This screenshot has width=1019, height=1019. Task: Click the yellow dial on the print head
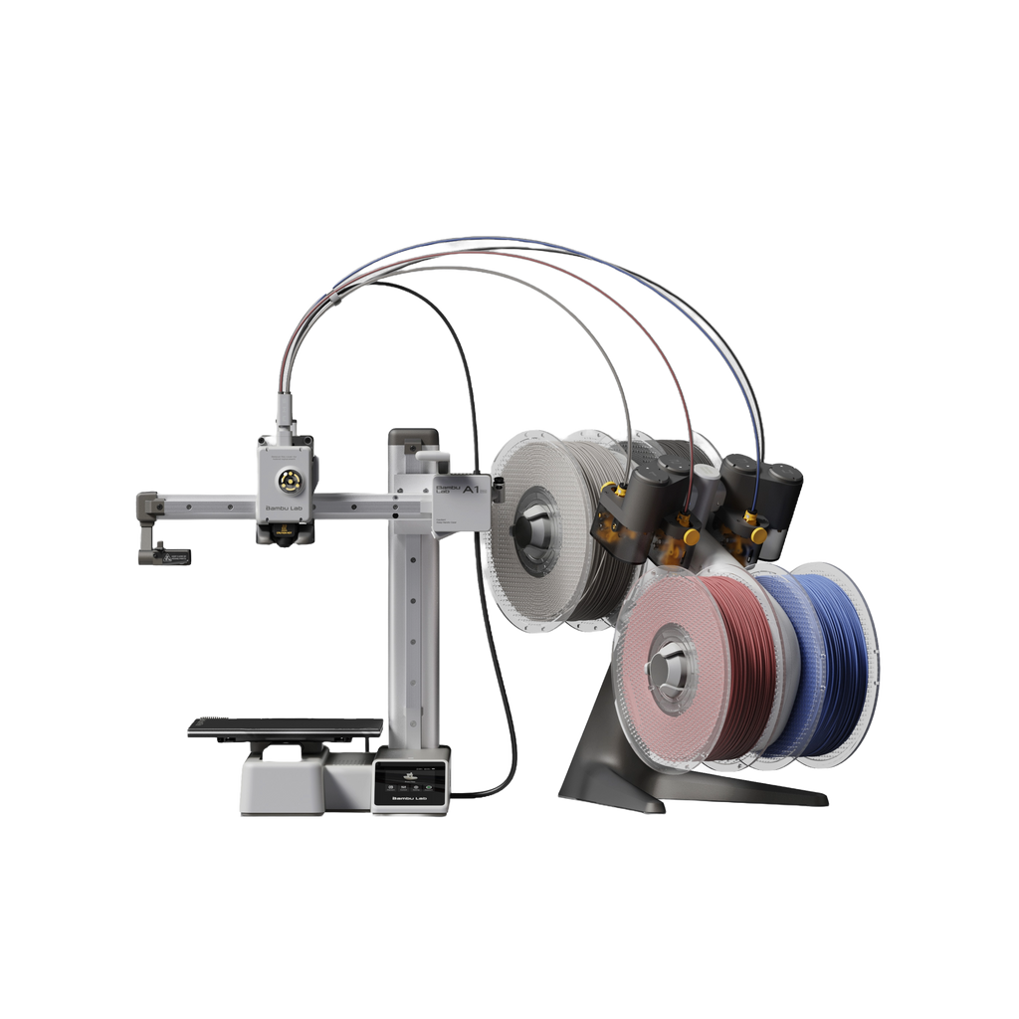coord(288,480)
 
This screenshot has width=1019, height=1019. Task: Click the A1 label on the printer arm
coord(472,490)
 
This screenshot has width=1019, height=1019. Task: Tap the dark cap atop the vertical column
coord(413,437)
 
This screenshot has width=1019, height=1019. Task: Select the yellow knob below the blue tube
coord(759,534)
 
